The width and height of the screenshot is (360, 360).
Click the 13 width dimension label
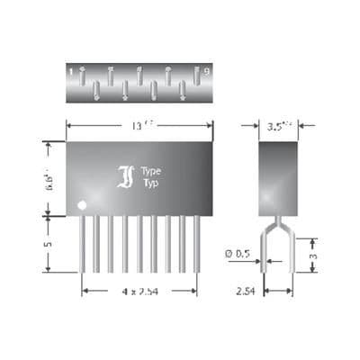[x=139, y=126]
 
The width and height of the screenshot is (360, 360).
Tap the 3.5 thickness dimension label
[x=278, y=126]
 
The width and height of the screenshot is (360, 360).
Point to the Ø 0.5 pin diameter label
[x=237, y=255]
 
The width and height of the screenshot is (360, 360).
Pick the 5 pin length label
[x=51, y=242]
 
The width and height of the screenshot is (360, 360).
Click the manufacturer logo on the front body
[x=126, y=177]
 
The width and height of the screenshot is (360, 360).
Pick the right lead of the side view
[x=290, y=256]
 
